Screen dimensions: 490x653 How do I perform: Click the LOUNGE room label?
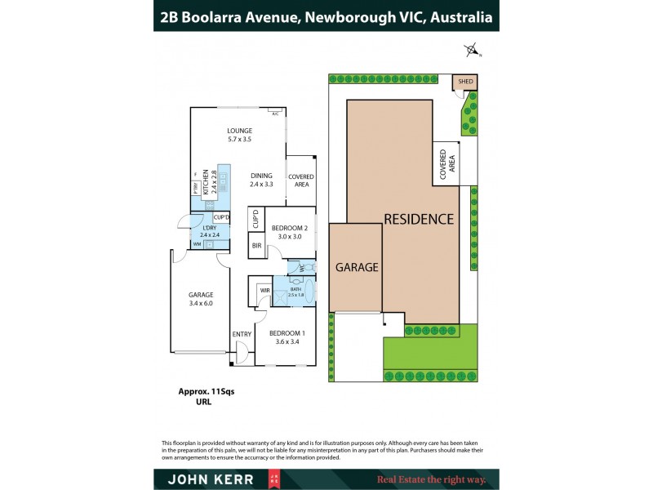click(239, 131)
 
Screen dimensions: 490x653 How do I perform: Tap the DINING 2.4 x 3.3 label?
click(261, 176)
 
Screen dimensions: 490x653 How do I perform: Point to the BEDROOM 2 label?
click(288, 228)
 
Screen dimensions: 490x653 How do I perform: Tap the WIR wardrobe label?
click(264, 290)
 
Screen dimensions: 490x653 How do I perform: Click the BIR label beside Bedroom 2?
click(256, 246)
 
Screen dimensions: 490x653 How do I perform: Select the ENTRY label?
click(242, 334)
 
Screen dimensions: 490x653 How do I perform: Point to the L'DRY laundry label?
click(209, 229)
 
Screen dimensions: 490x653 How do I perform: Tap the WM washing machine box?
click(197, 244)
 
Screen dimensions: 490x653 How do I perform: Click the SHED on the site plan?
click(465, 82)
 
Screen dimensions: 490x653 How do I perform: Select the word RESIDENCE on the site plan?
click(419, 219)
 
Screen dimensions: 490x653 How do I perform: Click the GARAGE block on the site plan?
click(356, 267)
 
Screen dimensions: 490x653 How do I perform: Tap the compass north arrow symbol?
click(472, 51)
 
